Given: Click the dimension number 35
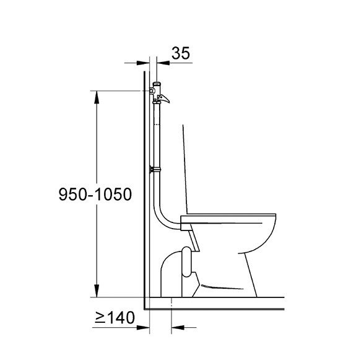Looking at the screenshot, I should pos(180,53).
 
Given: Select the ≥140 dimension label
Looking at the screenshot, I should pos(114,318).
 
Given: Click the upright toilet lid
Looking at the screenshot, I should pos(186,167).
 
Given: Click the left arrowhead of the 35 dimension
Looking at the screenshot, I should pos(146,62).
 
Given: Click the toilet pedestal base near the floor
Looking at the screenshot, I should pos(229,291).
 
